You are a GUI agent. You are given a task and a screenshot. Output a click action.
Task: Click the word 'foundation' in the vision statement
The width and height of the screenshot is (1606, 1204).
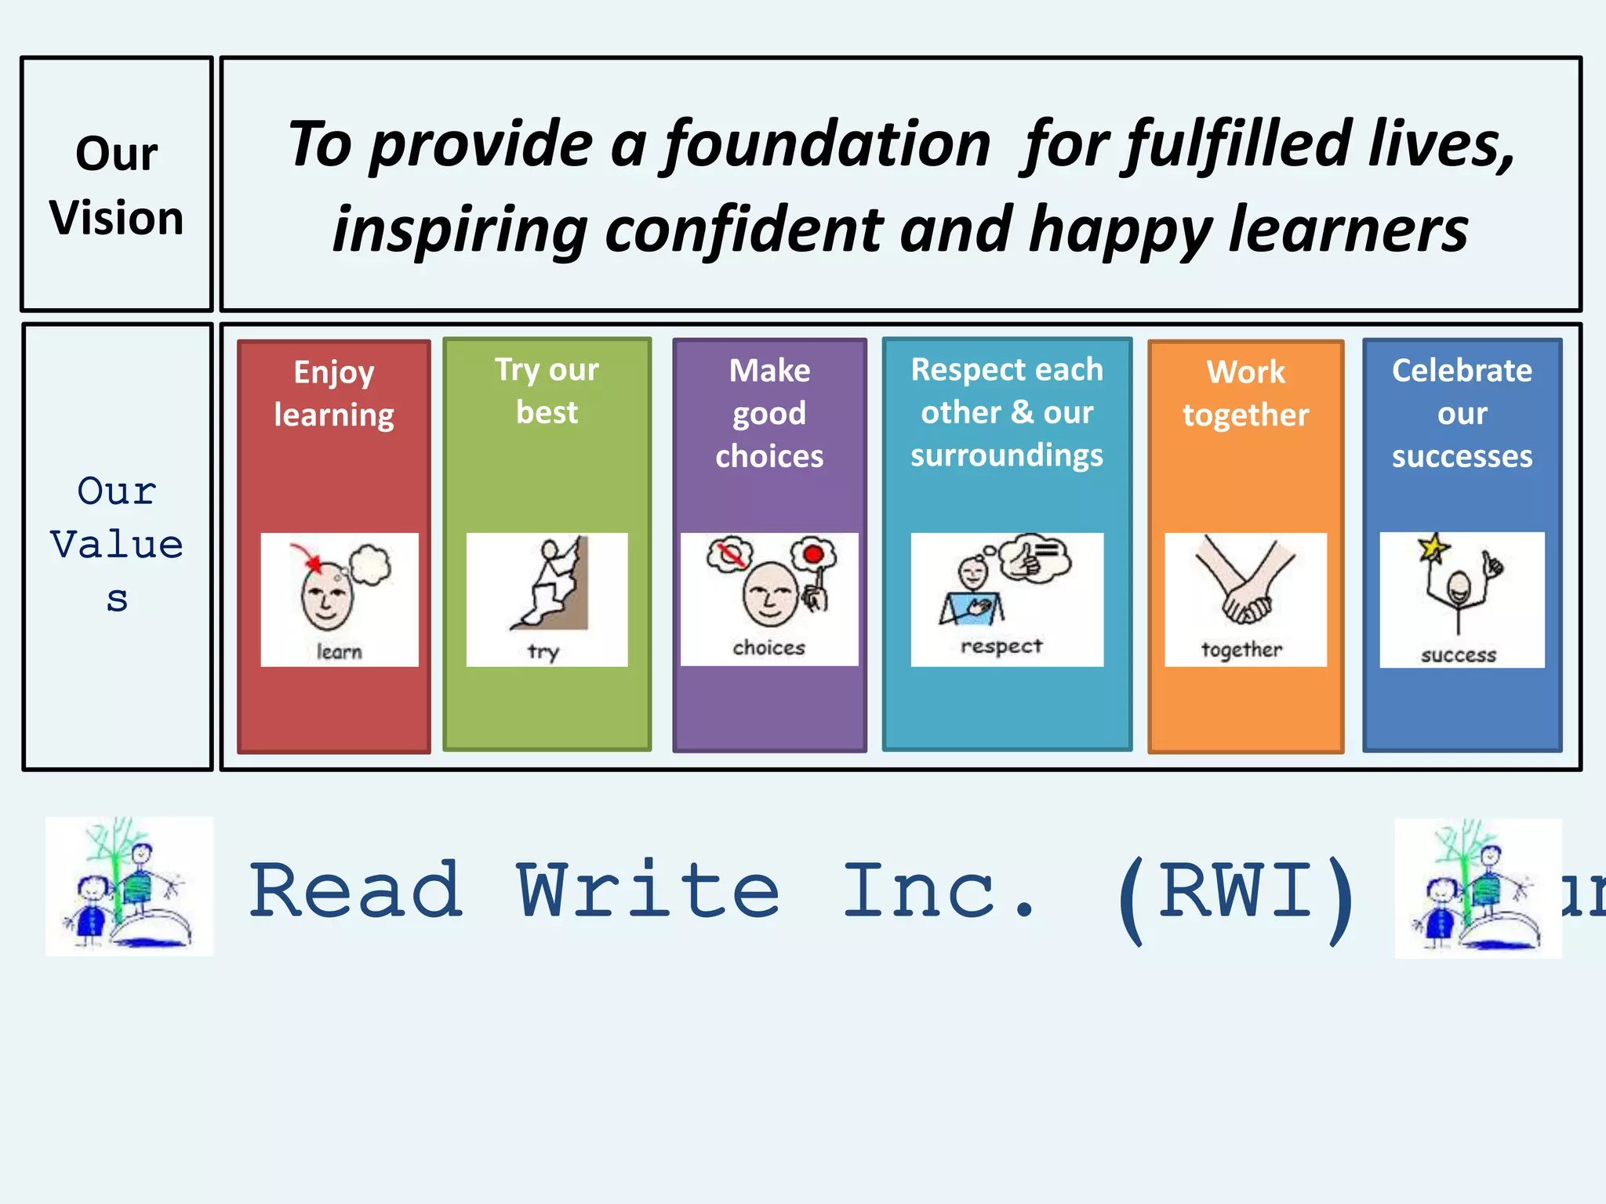[x=827, y=146]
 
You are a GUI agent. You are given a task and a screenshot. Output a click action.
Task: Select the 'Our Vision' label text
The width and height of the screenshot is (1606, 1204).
[x=117, y=185]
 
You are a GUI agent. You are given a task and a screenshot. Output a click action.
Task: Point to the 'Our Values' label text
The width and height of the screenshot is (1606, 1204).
[x=117, y=544]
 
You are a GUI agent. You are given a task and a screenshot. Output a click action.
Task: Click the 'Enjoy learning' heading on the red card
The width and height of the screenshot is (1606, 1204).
[x=334, y=393]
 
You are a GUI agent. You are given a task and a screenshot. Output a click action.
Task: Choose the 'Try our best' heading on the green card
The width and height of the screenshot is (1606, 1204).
[x=547, y=390]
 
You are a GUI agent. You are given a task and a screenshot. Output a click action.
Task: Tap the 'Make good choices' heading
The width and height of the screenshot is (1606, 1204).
[x=769, y=413]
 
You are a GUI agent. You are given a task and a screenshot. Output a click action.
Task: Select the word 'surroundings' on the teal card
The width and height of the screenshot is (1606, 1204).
[x=1007, y=455]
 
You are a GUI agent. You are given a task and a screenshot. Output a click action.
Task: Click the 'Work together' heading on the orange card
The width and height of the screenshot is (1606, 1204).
[x=1245, y=393]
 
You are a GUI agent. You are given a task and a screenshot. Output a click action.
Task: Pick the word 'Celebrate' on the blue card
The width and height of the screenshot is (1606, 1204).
[x=1462, y=370]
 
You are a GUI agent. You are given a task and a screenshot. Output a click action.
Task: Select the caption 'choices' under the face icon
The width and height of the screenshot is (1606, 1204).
[x=768, y=647]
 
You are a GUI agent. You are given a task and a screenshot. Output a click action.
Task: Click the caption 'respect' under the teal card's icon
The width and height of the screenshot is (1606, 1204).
[x=1001, y=646]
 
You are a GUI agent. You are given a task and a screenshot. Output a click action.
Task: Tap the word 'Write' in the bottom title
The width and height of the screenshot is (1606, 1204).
[x=648, y=890]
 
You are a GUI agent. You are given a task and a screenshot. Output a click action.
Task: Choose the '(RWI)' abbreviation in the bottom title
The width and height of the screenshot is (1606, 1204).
[x=1236, y=894]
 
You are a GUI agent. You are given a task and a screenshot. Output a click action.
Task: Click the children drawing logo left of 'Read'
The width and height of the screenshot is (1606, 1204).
[x=129, y=886]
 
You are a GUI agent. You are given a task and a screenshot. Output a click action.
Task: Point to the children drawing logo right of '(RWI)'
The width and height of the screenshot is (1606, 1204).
[x=1477, y=887]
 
